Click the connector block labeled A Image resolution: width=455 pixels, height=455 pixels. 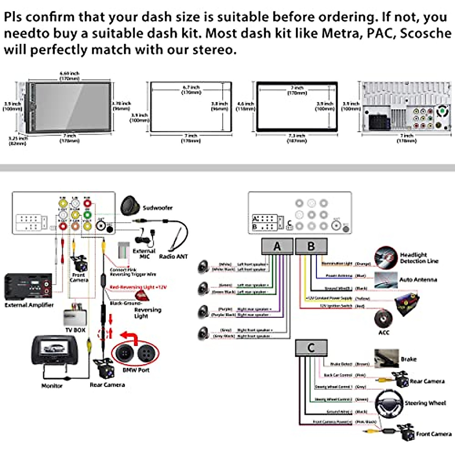tap(277, 246)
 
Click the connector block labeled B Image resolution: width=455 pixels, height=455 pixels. tap(311, 246)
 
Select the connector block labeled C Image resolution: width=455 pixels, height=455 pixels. tap(311, 348)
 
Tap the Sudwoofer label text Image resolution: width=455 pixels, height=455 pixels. tap(157, 208)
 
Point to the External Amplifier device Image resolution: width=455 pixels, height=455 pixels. tap(28, 286)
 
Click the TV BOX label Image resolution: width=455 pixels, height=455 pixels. tap(75, 330)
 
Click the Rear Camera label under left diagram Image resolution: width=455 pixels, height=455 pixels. tap(107, 384)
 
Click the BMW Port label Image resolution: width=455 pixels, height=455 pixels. tap(136, 370)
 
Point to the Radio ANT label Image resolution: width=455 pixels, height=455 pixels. tap(173, 256)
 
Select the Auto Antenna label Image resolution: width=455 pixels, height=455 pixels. tap(418, 279)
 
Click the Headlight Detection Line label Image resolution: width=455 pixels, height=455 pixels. tap(419, 258)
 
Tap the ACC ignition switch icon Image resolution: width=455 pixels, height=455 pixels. tap(383, 318)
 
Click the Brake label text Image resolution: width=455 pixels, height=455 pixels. tap(408, 359)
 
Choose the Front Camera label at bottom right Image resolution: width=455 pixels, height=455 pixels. tap(433, 434)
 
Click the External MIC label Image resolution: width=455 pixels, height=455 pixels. tap(144, 254)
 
